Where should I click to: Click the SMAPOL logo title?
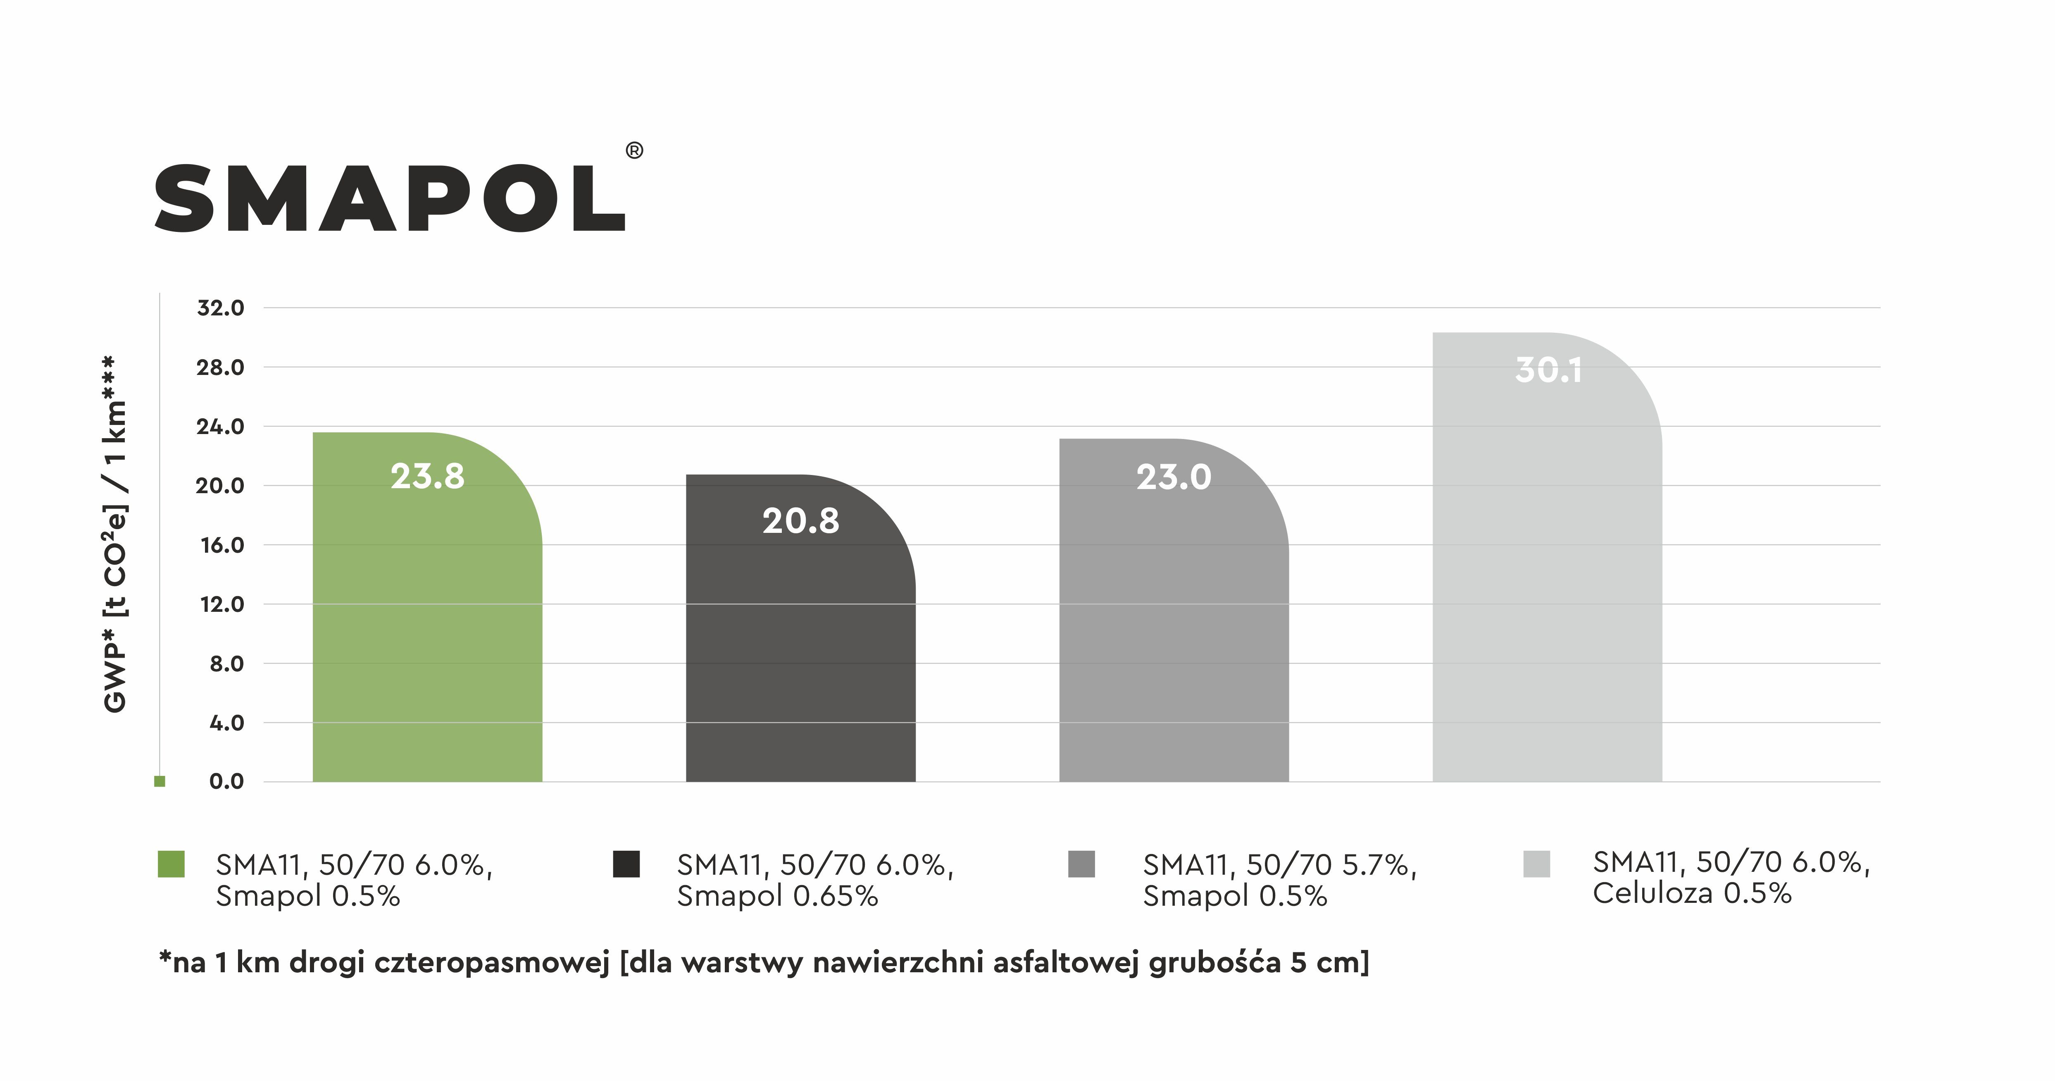[x=389, y=199]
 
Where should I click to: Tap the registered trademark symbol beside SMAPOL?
[x=634, y=151]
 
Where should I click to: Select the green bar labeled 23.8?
[x=427, y=622]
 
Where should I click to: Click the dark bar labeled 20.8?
[x=800, y=654]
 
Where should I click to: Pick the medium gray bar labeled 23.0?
[x=1174, y=630]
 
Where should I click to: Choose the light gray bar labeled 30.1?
[x=1547, y=575]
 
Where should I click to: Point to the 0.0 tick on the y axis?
[x=226, y=782]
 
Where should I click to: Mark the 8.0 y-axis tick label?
[x=226, y=664]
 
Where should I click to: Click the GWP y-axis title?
[x=116, y=535]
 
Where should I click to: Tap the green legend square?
[x=171, y=864]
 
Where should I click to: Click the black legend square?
[x=626, y=864]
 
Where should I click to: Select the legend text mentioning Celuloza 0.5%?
[x=1731, y=878]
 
